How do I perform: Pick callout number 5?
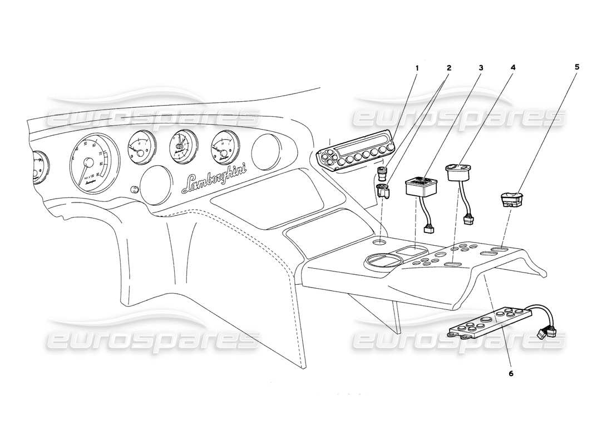pyautogui.click(x=577, y=67)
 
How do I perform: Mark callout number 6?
pyautogui.click(x=511, y=374)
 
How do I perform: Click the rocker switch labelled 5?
pyautogui.click(x=515, y=199)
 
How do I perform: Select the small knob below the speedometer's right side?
pyautogui.click(x=134, y=190)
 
